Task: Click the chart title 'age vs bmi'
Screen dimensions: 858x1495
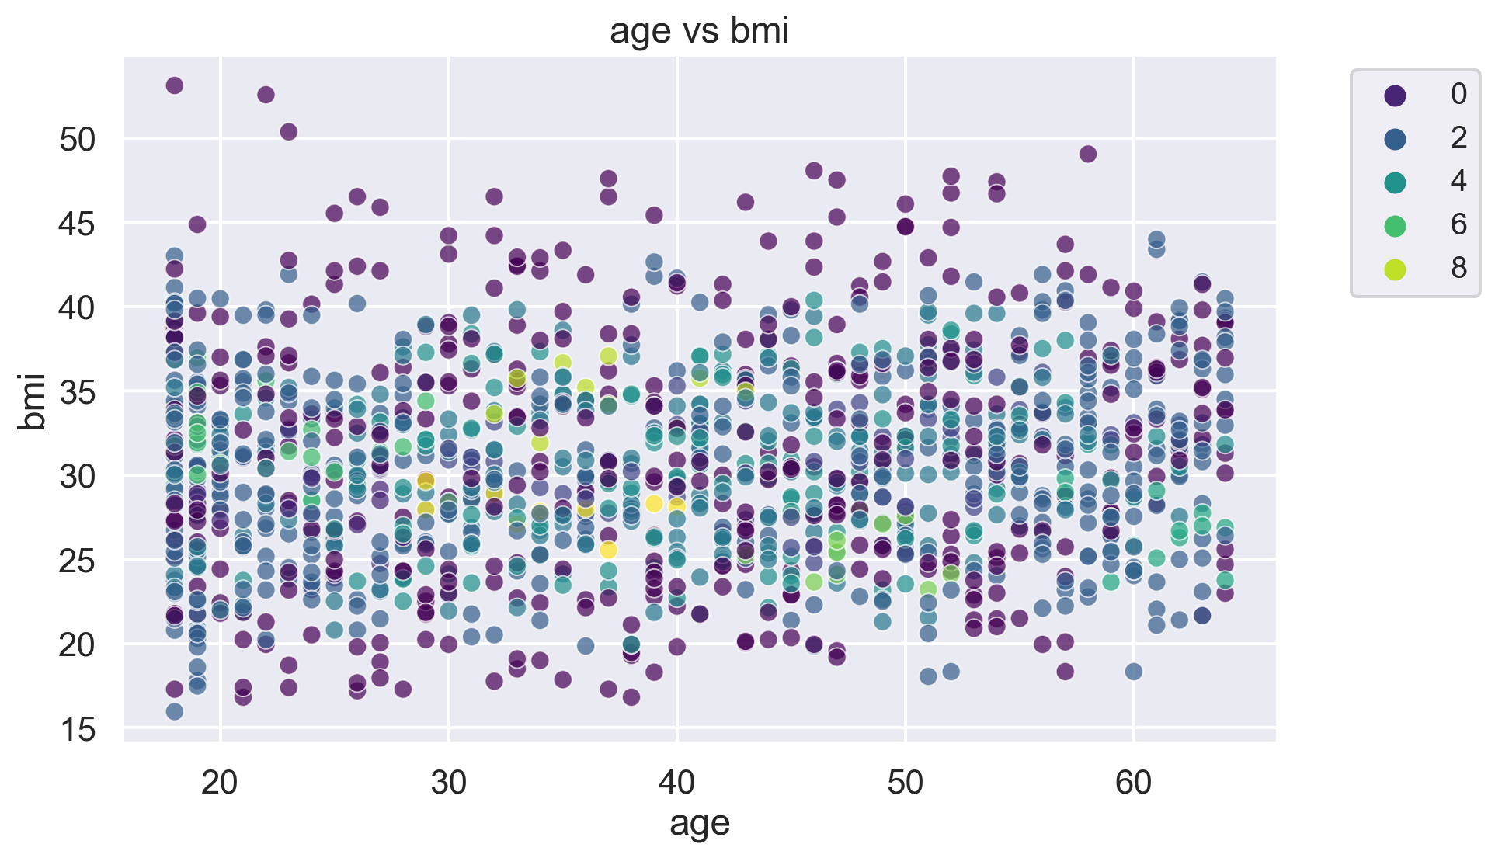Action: coord(699,32)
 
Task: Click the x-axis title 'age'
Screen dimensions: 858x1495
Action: coord(699,823)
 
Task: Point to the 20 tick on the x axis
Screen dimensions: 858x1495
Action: coord(220,783)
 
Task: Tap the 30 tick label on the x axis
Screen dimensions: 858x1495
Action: coord(448,783)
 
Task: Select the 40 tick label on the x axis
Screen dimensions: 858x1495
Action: coord(676,783)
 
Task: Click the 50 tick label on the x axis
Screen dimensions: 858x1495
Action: coord(905,783)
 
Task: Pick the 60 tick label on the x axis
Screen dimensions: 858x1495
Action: coord(1133,783)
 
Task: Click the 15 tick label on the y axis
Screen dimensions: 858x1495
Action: coord(77,729)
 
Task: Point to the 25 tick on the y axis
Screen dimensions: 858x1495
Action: coord(77,561)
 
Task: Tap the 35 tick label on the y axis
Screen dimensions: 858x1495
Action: coord(77,392)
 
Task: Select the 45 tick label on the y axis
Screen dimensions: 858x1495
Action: coord(77,224)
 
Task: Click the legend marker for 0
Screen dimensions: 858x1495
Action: coord(1395,95)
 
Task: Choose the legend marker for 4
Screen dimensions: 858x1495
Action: coord(1395,182)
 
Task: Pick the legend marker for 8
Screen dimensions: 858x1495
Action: coord(1395,269)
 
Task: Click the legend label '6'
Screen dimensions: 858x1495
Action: coord(1458,224)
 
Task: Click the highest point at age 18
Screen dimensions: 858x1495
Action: coord(175,85)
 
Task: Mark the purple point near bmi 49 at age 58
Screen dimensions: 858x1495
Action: coord(1088,154)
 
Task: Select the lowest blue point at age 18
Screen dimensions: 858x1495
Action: coord(175,711)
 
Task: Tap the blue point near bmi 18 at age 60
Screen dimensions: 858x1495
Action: coord(1133,672)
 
